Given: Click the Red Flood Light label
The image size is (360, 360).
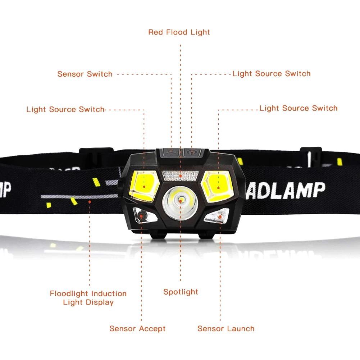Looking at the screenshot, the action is point(179,32).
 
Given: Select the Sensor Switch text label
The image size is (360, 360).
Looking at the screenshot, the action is point(85,74).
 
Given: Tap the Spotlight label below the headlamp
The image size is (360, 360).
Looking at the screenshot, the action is point(181,292).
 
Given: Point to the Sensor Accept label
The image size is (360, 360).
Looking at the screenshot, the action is point(137,329).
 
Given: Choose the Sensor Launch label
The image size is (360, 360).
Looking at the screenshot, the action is point(226,329).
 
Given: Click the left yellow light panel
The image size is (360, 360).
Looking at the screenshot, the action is point(144,186).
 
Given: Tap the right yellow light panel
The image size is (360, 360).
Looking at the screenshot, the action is point(218,186).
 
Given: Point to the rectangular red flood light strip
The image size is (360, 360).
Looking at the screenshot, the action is point(181,176).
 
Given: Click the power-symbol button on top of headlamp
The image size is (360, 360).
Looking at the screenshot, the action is point(191,152).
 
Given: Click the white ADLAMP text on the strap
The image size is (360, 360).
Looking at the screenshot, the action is point(286,191).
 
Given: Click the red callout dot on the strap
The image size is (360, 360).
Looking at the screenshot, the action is point(90,202).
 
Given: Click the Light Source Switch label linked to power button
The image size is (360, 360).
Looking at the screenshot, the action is point(272,74).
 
